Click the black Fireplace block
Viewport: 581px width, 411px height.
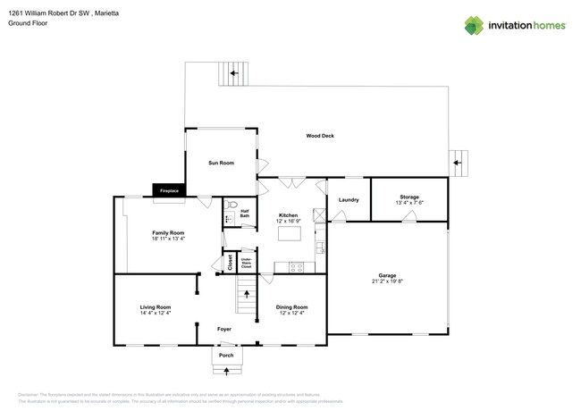pyautogui.click(x=168, y=190)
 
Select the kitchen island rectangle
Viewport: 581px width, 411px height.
pyautogui.click(x=289, y=233)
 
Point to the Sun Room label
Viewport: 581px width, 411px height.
pyautogui.click(x=221, y=164)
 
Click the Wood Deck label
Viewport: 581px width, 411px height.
pyautogui.click(x=320, y=136)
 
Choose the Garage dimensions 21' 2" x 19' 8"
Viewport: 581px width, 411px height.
pyautogui.click(x=387, y=281)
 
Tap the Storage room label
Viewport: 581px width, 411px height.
pyautogui.click(x=409, y=197)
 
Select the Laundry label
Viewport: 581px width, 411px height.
pyautogui.click(x=349, y=199)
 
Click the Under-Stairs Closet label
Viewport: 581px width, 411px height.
pyautogui.click(x=246, y=263)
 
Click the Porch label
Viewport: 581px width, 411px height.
pyautogui.click(x=226, y=356)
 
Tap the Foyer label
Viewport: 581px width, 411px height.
pyautogui.click(x=225, y=329)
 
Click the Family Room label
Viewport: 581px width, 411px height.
pyautogui.click(x=168, y=232)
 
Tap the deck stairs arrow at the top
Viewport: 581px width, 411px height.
pyautogui.click(x=234, y=73)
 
